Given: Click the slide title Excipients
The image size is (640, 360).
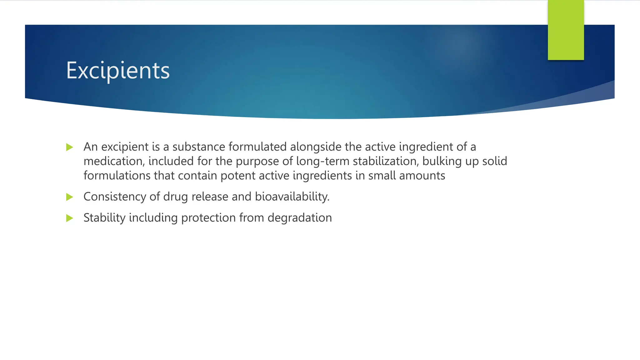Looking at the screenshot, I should (118, 71).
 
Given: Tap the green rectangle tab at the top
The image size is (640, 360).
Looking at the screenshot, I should (566, 30).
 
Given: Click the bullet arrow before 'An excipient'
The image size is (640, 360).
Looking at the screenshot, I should (69, 147).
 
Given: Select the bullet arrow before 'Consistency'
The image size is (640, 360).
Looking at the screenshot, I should (69, 197).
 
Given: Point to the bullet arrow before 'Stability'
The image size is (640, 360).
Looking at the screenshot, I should (69, 218).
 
